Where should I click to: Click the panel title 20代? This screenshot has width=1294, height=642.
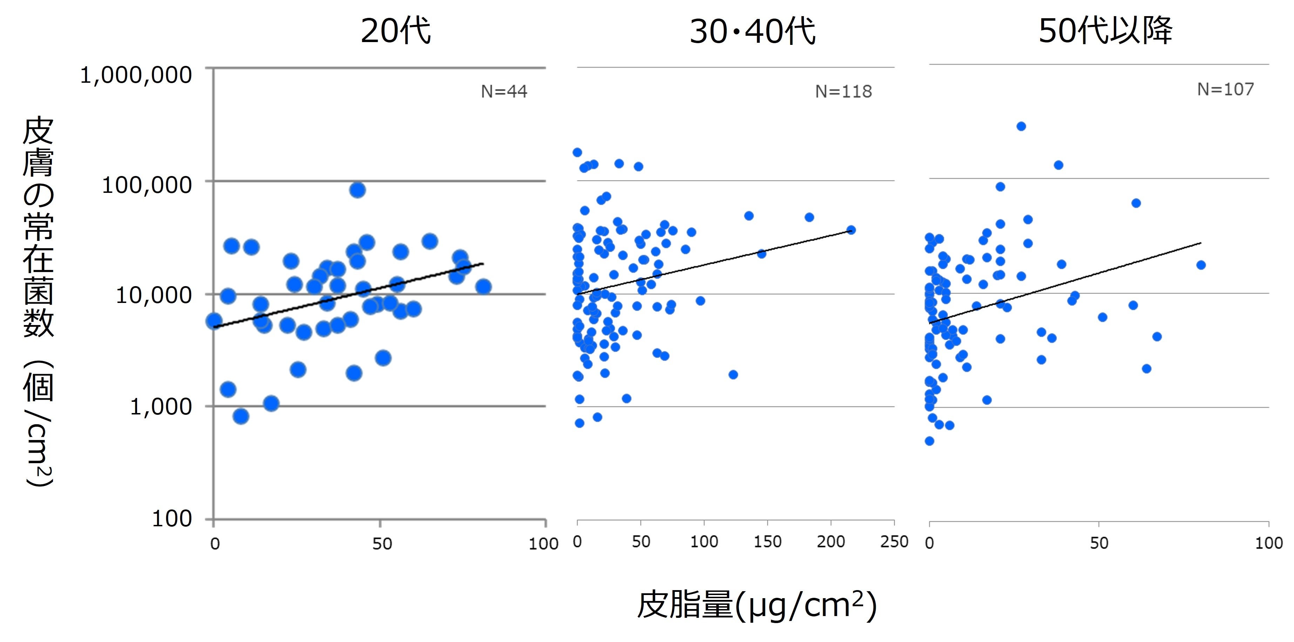395,31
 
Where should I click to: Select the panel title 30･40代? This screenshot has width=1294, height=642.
752,31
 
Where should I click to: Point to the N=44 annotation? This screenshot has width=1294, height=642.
504,92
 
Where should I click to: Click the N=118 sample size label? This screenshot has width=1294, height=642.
844,92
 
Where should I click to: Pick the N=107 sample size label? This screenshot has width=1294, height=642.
1226,89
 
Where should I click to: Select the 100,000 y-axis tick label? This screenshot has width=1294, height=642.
147,185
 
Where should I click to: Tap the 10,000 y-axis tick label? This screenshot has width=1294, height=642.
154,295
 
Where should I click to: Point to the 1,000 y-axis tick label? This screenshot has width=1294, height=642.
161,406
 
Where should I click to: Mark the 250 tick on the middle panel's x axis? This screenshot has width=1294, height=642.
894,541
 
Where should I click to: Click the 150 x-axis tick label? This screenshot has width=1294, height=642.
767,541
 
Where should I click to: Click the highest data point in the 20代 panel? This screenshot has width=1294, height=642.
357,190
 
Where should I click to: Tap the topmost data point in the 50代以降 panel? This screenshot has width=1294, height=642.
1021,127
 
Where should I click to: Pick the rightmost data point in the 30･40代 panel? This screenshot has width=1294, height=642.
851,230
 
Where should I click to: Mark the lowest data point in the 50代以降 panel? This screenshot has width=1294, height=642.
929,441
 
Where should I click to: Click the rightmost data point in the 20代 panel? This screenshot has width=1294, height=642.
483,287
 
